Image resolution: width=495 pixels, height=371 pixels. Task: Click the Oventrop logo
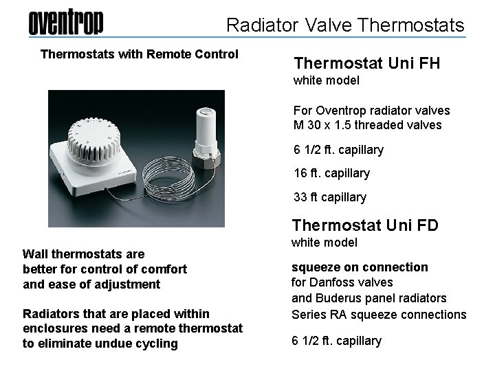coord(66,24)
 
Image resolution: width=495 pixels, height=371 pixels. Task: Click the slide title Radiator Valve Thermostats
coord(345,26)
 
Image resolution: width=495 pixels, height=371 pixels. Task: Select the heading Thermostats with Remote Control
coord(140,54)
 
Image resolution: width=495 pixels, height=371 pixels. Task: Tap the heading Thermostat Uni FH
coord(366,64)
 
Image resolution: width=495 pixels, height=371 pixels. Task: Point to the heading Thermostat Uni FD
coord(366,225)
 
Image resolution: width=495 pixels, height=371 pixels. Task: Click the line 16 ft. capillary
coord(331,173)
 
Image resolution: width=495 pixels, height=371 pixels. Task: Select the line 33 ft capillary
coord(330,197)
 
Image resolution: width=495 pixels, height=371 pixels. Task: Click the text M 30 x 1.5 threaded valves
coord(367,125)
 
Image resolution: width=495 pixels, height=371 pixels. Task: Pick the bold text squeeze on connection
coord(360,267)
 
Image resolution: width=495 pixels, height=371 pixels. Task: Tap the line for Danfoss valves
coord(343,282)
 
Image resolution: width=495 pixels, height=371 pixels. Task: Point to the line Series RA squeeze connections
coord(379,314)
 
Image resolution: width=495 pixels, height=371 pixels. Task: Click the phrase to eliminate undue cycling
coord(100,344)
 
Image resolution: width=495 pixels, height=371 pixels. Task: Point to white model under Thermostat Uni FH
coord(327,81)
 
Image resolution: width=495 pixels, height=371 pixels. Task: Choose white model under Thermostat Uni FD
coord(325,243)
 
